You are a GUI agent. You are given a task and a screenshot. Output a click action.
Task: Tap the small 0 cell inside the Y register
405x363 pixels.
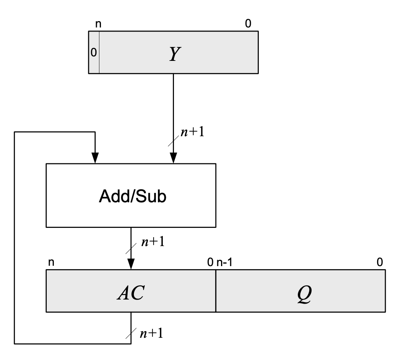94,52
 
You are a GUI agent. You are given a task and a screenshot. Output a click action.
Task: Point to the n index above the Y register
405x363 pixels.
98,24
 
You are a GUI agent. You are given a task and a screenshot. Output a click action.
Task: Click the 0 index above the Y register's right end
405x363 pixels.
248,24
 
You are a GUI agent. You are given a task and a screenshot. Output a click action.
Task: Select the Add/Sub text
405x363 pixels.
132,196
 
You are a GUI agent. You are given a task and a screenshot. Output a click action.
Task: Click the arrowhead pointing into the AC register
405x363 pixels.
131,264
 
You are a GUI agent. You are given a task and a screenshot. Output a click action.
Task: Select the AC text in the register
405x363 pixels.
131,293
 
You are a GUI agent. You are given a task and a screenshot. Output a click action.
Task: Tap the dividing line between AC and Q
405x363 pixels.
215,293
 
